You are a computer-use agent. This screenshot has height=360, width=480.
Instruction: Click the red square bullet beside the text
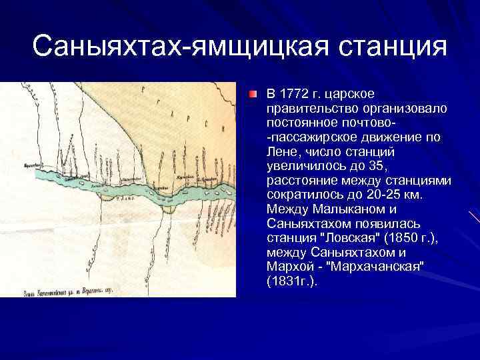click(254, 94)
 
